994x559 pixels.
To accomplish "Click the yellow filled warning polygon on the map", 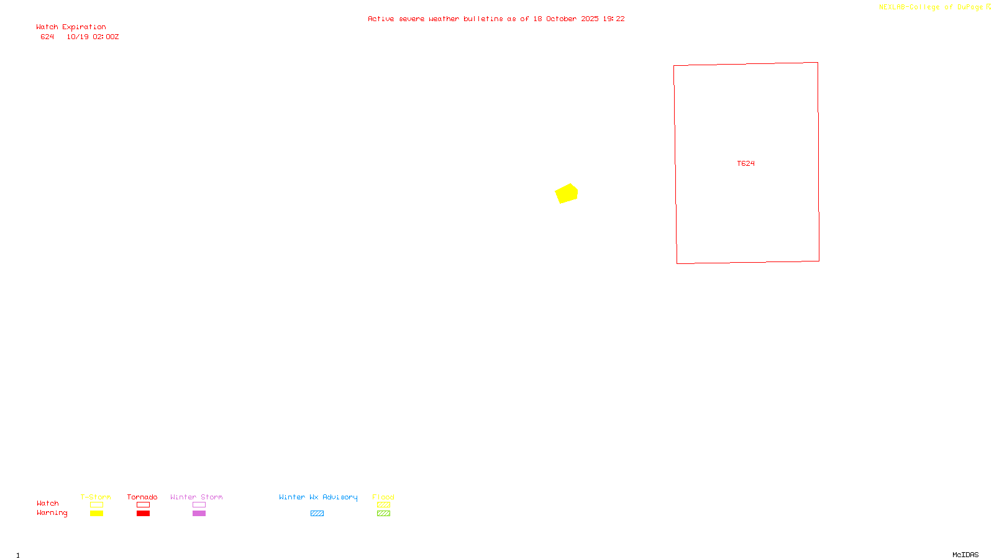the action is click(x=567, y=194).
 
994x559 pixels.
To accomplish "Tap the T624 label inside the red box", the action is click(x=745, y=163).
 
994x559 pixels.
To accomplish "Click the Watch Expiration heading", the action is click(x=71, y=27).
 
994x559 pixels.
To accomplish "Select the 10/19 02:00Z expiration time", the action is click(x=93, y=37).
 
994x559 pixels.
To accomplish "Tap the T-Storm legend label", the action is click(x=96, y=497).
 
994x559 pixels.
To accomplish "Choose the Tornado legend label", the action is click(x=142, y=497).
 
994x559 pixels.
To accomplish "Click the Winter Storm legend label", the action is click(x=196, y=497).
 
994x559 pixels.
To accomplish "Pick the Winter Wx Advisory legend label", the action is click(x=318, y=497).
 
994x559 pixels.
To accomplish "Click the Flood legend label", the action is click(x=383, y=497).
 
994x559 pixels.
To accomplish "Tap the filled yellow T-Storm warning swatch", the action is click(x=96, y=514).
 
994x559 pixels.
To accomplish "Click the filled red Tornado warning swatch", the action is click(x=143, y=514).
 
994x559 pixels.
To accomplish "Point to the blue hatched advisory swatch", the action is click(x=317, y=514).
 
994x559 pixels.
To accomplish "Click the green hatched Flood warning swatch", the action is click(x=383, y=514).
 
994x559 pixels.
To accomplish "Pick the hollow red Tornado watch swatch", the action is click(x=143, y=505).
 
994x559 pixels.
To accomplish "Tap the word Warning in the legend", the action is click(x=52, y=513).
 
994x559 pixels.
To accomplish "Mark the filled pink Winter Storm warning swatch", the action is click(x=199, y=514).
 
